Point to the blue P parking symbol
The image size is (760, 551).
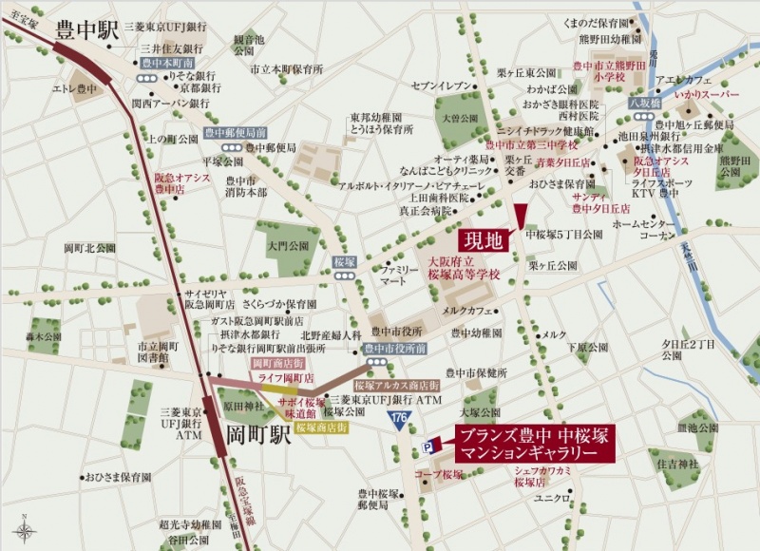[x=432, y=445]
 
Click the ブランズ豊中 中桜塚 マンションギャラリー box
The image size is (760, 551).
[x=533, y=444]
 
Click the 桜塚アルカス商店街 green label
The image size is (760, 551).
[x=397, y=386]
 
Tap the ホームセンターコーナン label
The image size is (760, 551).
[x=643, y=229]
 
